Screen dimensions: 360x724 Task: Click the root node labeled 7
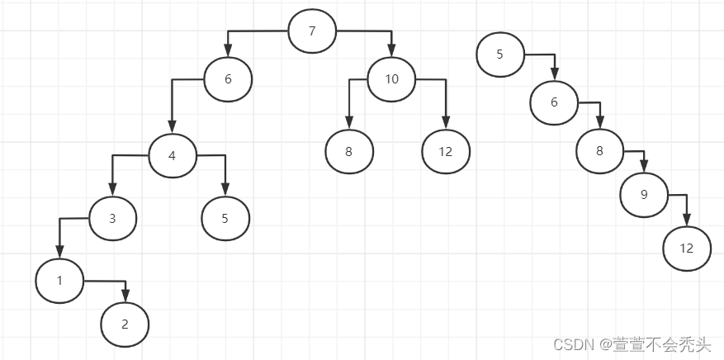312,32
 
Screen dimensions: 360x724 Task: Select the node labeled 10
391,79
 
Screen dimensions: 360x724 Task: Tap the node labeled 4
173,154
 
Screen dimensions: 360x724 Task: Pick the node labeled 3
112,219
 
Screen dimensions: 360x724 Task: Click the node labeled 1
59,281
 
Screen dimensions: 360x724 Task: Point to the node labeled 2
125,324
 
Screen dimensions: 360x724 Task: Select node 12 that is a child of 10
446,152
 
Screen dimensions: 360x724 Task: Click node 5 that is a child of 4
225,219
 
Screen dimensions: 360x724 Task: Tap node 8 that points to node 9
600,151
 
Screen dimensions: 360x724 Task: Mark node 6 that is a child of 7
228,79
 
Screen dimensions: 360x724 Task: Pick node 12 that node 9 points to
687,248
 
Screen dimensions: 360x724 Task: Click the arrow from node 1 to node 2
107,282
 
